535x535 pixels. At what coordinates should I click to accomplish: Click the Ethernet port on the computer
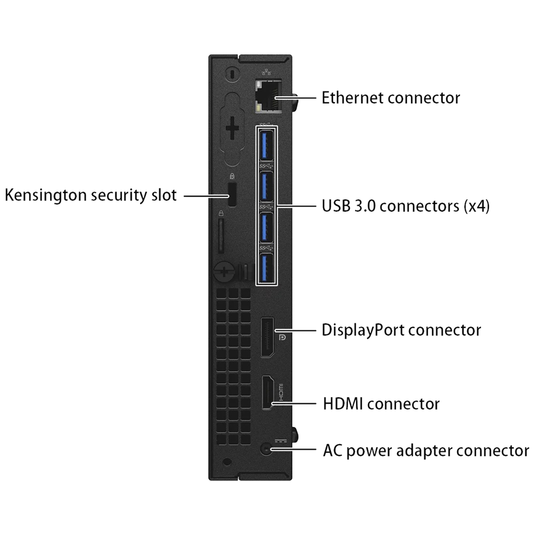pos(268,96)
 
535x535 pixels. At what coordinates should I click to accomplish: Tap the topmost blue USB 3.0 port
pos(266,145)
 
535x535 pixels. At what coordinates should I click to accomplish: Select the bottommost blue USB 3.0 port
pos(266,268)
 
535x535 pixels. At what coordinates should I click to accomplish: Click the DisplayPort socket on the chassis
pos(267,337)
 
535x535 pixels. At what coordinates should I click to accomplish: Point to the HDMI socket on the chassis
pos(268,392)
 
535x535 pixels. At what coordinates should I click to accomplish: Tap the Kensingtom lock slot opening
pos(232,194)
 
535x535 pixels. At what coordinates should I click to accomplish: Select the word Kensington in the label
pos(45,195)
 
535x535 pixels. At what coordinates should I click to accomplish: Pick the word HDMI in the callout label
pos(343,404)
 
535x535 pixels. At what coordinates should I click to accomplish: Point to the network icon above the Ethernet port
pos(266,72)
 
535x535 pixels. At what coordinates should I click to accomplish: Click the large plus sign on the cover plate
pos(232,127)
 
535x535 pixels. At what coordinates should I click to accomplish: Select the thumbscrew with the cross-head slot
pos(224,272)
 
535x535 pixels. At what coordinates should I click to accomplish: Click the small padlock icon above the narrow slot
pos(221,213)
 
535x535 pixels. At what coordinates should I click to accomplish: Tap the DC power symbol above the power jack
pos(281,441)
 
